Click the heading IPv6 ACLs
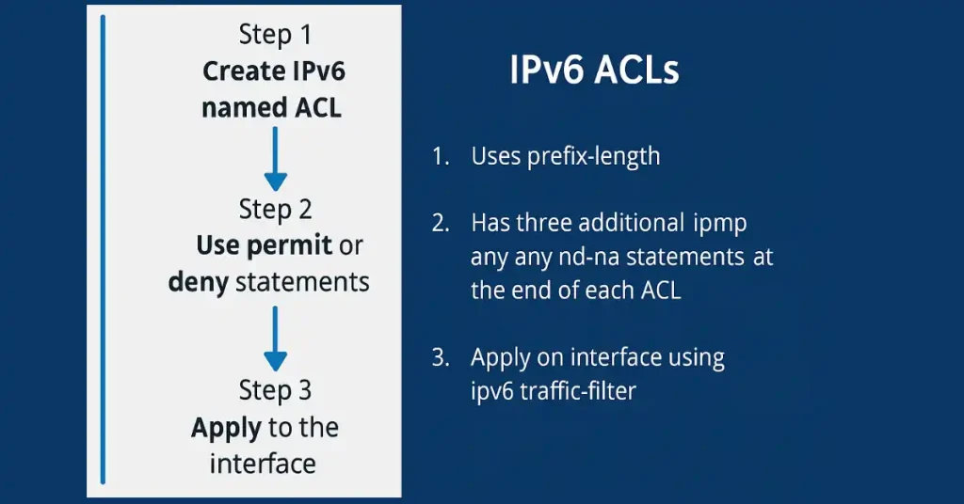pyautogui.click(x=594, y=71)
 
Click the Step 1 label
pyautogui.click(x=275, y=35)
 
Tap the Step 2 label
pyautogui.click(x=275, y=209)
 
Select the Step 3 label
pyautogui.click(x=275, y=390)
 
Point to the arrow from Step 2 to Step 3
pyautogui.click(x=275, y=337)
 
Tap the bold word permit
pyautogui.click(x=290, y=245)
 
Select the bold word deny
pyautogui.click(x=198, y=282)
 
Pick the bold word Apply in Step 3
pyautogui.click(x=226, y=428)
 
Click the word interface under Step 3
pyautogui.click(x=263, y=464)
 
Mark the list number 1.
pyautogui.click(x=440, y=156)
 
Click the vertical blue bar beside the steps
pyautogui.click(x=103, y=249)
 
